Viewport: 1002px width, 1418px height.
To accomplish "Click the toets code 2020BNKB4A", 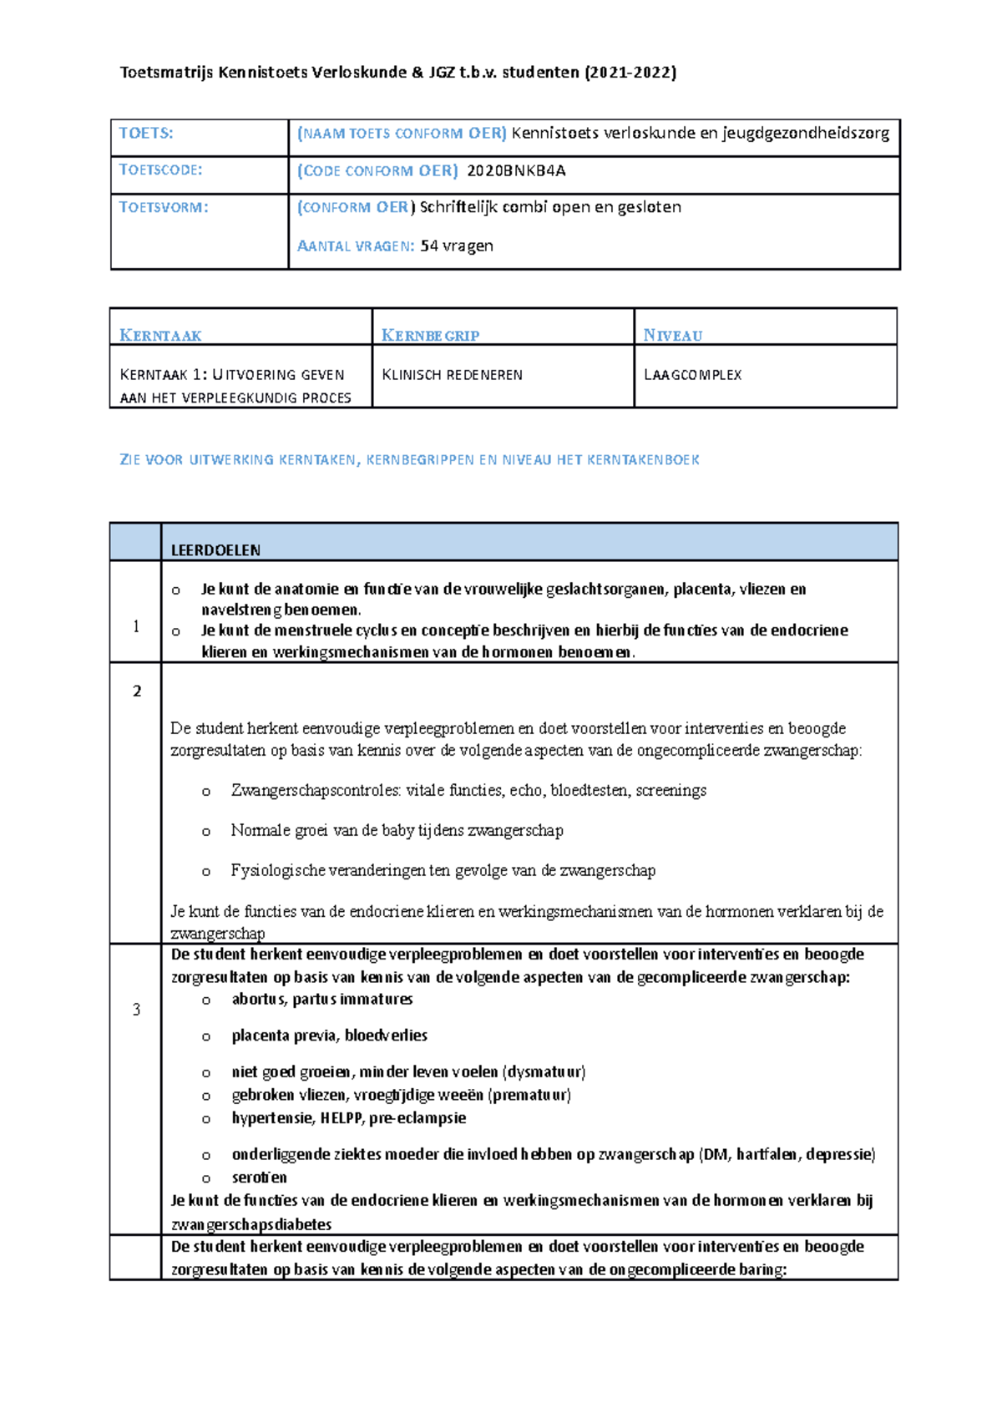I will coord(515,171).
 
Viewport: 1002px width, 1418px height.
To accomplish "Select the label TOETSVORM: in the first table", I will coord(164,207).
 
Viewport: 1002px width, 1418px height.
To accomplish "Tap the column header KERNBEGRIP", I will coord(430,336).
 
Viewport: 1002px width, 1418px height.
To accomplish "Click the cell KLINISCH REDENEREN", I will coord(452,375).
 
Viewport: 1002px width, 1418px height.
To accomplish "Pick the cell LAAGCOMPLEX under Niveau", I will coord(692,375).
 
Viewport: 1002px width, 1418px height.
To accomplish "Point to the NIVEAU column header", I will coord(672,336).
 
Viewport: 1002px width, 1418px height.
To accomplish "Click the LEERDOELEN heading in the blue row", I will coord(215,550).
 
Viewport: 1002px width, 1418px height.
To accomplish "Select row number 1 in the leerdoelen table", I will coord(136,626).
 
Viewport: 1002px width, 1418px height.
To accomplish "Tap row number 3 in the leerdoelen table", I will coord(136,1010).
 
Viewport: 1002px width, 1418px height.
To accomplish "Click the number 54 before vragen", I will coord(429,246).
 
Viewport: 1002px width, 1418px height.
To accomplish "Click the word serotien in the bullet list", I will coord(259,1177).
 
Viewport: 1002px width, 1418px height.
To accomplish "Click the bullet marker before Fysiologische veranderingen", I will coord(205,871).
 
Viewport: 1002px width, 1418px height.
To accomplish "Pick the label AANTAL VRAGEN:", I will coord(356,246).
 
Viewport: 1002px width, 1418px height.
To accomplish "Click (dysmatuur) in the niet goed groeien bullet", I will coord(544,1071).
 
